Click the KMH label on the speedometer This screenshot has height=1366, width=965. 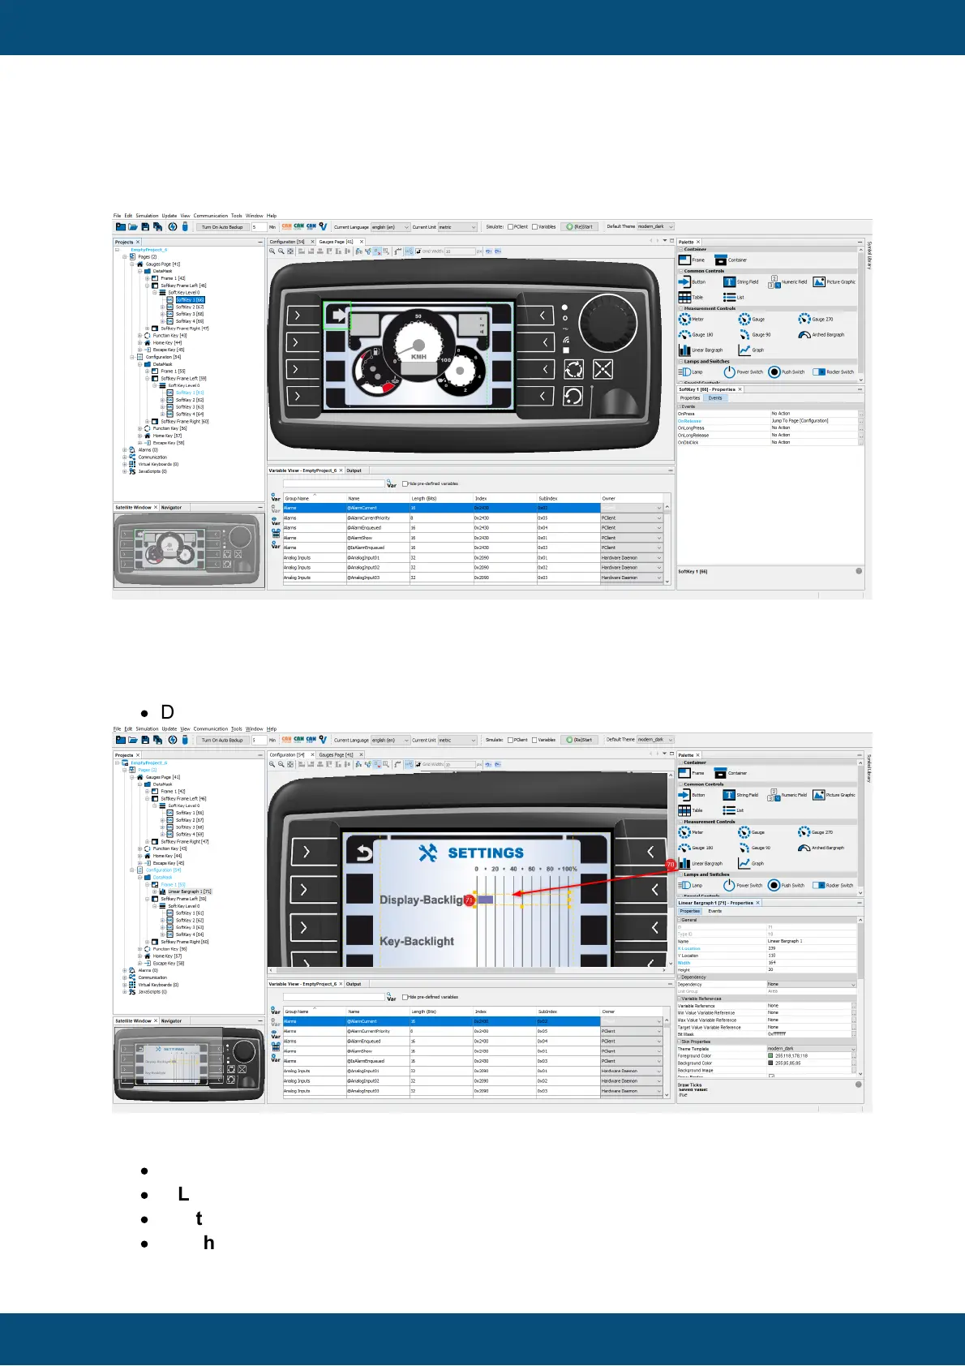click(418, 356)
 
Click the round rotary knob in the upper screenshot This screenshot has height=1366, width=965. click(602, 319)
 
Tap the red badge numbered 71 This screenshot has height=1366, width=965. click(469, 900)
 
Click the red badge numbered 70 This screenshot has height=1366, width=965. click(671, 866)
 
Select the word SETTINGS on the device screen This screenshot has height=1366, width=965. click(486, 853)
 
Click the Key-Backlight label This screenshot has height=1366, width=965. click(417, 941)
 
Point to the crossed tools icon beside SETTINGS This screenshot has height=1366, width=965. click(428, 853)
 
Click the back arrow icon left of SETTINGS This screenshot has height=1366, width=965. click(364, 853)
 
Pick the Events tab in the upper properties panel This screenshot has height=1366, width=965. click(714, 398)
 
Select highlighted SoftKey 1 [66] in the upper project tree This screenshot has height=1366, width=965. click(190, 300)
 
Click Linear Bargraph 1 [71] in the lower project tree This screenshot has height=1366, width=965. click(189, 891)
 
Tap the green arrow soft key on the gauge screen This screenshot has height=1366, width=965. click(337, 316)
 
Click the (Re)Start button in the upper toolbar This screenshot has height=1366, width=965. click(580, 227)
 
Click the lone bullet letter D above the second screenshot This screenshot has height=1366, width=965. click(168, 712)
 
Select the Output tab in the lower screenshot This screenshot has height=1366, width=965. click(354, 984)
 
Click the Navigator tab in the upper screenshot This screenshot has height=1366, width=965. click(171, 508)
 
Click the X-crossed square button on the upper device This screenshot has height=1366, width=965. click(603, 370)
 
